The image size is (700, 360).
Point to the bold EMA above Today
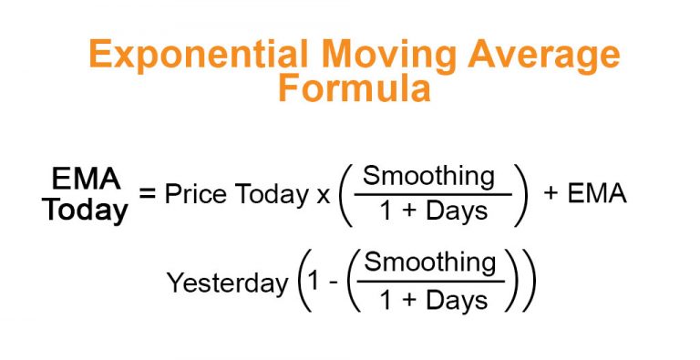[x=87, y=177]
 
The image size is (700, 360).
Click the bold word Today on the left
[x=87, y=211]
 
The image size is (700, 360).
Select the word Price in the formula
[x=197, y=194]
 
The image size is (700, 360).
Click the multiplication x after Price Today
[x=323, y=195]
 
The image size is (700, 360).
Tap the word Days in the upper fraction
[x=458, y=213]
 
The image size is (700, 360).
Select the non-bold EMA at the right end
[x=597, y=194]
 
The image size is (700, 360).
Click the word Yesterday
[x=227, y=283]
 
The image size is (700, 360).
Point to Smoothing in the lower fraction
[x=431, y=263]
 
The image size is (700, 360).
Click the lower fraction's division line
[x=431, y=282]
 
